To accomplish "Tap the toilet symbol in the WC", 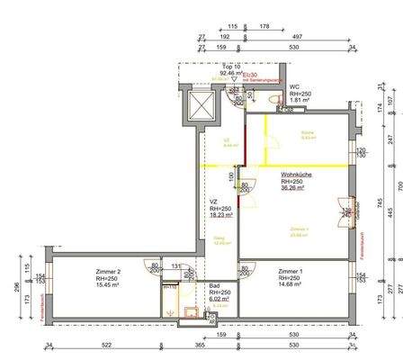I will point(285,108).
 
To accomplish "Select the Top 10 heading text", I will point(232,66).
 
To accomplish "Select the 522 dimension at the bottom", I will point(105,345).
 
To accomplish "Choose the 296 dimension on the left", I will point(16,288).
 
